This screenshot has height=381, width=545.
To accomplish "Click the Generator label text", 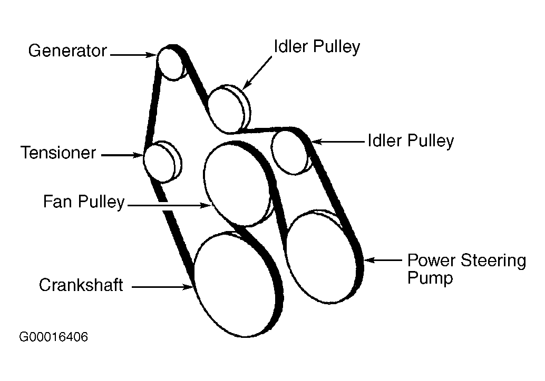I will (67, 51).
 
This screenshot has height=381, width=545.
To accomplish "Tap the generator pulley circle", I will (170, 63).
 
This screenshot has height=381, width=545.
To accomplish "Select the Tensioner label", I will (59, 153).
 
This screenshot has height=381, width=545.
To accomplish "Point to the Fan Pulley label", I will (84, 202).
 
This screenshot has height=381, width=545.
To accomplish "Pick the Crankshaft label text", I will (81, 286).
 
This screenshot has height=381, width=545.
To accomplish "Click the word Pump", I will (430, 278).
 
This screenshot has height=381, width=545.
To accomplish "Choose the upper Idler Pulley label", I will (317, 47).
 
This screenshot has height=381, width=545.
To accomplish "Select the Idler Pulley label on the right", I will (411, 141).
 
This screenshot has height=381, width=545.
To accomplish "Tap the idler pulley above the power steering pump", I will (289, 151).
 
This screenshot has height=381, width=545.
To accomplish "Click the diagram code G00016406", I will (53, 337).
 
